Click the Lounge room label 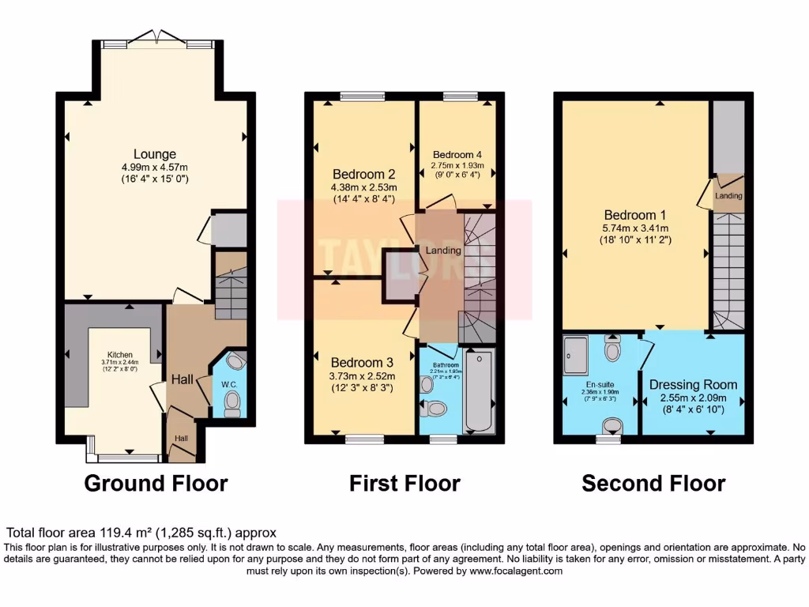coord(154,154)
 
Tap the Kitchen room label coord(121,355)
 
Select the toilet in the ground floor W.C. coord(232,403)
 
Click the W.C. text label coord(230,385)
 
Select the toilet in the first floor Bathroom coord(434,409)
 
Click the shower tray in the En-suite coord(581,354)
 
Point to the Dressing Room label coord(693,385)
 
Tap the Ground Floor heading coord(156,483)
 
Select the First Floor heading coord(404,483)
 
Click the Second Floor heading coord(653,483)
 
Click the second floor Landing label coord(728,195)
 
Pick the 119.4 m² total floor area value coord(124,533)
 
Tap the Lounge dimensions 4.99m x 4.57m coord(154,168)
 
